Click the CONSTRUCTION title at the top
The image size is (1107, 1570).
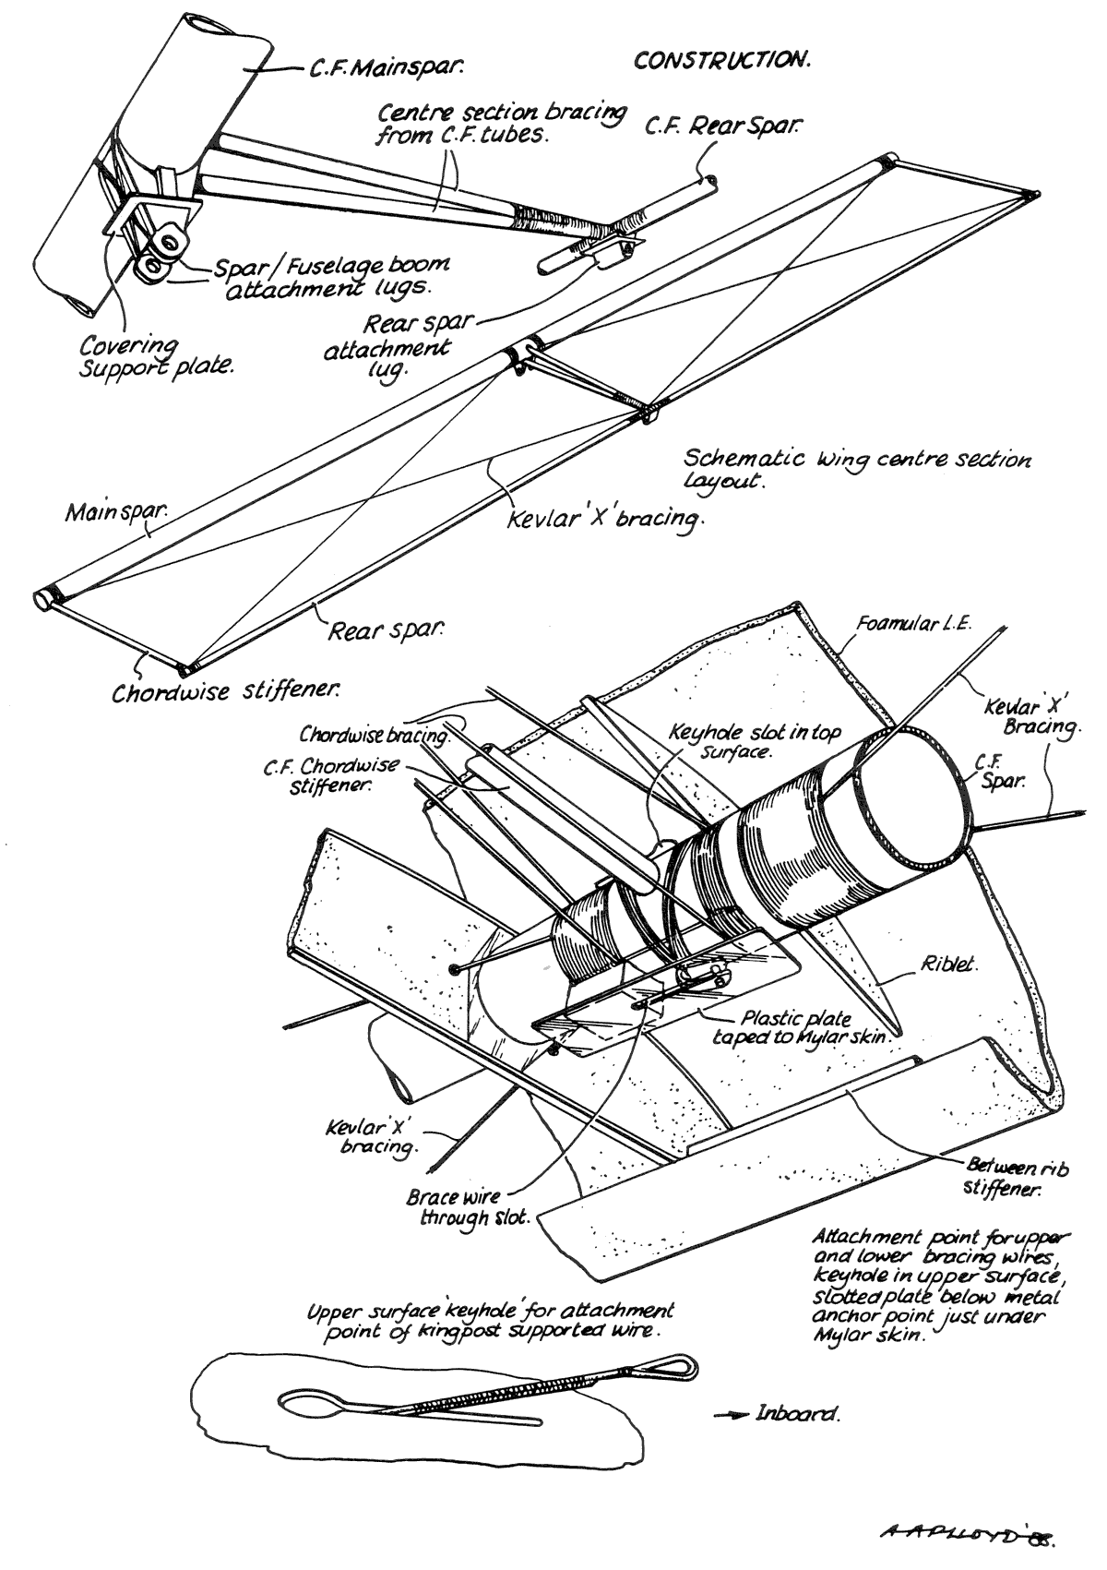click(721, 61)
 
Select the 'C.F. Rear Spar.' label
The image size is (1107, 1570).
click(720, 126)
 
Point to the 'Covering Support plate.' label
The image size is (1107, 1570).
click(155, 355)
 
